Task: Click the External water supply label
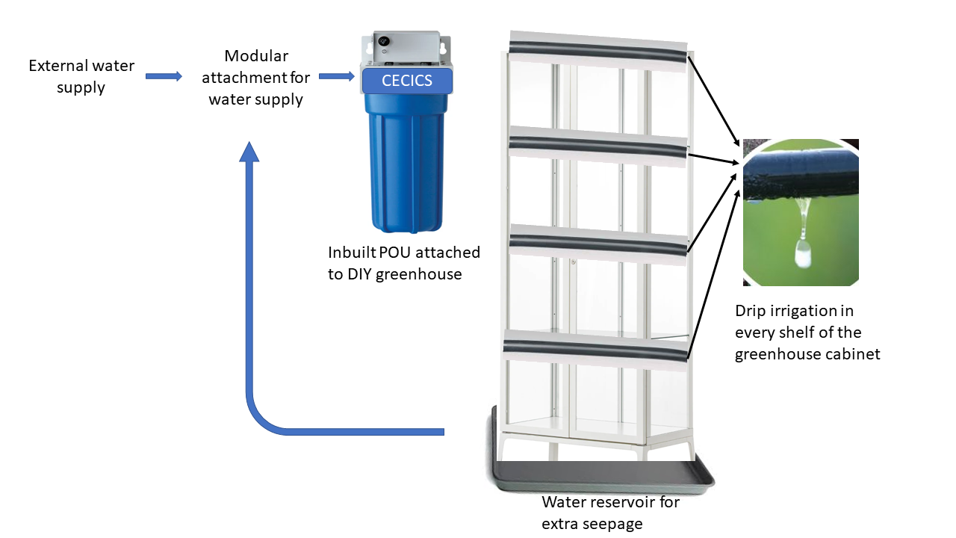(81, 76)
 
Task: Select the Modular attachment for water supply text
(256, 78)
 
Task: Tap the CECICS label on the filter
(407, 81)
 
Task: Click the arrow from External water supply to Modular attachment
(164, 76)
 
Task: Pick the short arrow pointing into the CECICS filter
(336, 76)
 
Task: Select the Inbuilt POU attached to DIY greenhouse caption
(403, 263)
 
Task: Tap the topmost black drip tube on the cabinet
(597, 52)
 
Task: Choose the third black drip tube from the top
(597, 246)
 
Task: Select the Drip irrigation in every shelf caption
(807, 332)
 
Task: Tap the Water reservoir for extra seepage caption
(610, 513)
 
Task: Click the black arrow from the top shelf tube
(714, 102)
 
